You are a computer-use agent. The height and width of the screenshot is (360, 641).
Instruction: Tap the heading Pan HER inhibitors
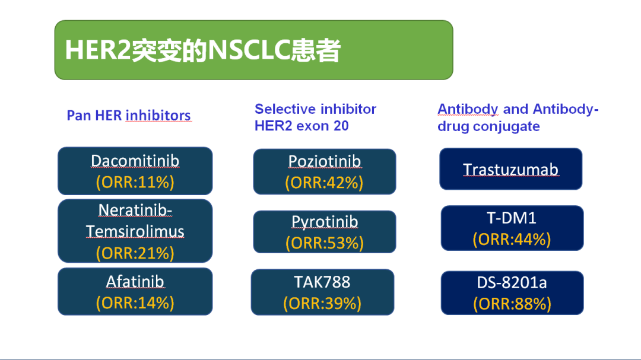pyautogui.click(x=129, y=116)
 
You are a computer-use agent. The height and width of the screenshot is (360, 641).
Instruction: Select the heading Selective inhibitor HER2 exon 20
pyautogui.click(x=315, y=117)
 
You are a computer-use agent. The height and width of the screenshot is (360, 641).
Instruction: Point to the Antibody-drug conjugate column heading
pyautogui.click(x=518, y=117)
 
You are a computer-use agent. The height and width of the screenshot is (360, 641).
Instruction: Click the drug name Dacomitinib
pyautogui.click(x=135, y=161)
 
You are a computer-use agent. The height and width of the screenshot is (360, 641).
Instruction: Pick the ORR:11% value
pyautogui.click(x=135, y=182)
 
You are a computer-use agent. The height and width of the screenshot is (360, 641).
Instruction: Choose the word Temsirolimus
pyautogui.click(x=135, y=231)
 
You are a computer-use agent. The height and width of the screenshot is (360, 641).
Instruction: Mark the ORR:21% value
pyautogui.click(x=135, y=253)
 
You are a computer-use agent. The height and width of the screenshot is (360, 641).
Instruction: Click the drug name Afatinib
pyautogui.click(x=135, y=282)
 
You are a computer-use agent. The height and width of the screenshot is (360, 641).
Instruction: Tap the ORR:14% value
pyautogui.click(x=135, y=303)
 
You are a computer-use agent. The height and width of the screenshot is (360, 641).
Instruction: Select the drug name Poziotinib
pyautogui.click(x=325, y=161)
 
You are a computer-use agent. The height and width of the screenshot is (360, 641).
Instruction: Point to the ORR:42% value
pyautogui.click(x=324, y=183)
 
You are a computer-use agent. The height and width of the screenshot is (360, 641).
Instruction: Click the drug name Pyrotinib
pyautogui.click(x=325, y=222)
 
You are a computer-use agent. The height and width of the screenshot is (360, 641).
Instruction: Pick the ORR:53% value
pyautogui.click(x=325, y=243)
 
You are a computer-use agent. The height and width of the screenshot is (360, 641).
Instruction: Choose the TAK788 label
pyautogui.click(x=322, y=282)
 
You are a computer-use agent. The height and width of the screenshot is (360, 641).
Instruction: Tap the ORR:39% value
pyautogui.click(x=322, y=304)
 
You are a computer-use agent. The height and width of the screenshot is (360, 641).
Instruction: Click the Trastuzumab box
pyautogui.click(x=510, y=169)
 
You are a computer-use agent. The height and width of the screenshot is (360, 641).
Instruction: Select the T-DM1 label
pyautogui.click(x=512, y=218)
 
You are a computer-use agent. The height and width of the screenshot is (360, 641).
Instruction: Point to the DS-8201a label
pyautogui.click(x=512, y=282)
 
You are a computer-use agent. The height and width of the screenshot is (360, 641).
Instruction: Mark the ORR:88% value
pyautogui.click(x=512, y=304)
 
